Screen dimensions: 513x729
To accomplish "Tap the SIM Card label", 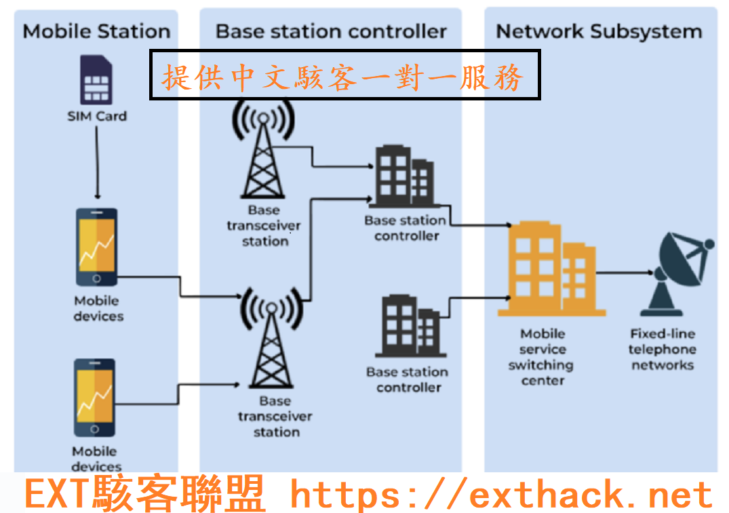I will coord(97,116).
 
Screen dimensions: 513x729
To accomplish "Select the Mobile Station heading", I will coord(96,31).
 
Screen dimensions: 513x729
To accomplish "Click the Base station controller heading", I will coord(331,31).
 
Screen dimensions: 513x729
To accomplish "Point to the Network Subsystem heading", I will coord(599,31).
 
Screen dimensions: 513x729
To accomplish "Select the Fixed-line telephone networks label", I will coord(662,349).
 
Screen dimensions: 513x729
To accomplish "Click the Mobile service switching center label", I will coord(542,357).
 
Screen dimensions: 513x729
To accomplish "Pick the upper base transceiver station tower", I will coord(264,153).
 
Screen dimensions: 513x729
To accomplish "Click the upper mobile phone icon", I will coord(96,247).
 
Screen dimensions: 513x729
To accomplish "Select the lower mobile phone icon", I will coord(95,399).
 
